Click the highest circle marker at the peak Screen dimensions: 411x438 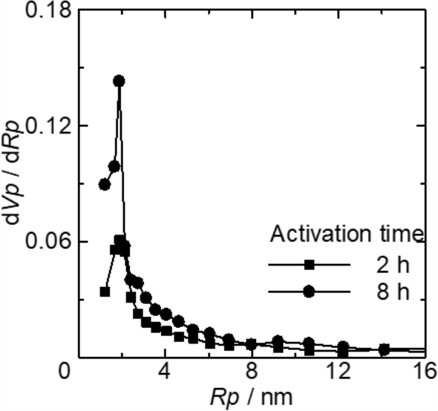tap(118, 81)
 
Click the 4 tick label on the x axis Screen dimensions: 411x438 tap(164, 369)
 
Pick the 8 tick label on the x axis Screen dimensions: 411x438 tap(252, 369)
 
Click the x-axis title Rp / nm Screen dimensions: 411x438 tap(246, 395)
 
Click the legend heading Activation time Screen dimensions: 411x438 tap(347, 235)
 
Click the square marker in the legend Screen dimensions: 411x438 tap(310, 264)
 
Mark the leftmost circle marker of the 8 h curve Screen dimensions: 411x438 tap(105, 185)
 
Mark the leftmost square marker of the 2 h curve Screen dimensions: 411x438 tap(105, 292)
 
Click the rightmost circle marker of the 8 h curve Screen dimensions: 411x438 tap(384, 349)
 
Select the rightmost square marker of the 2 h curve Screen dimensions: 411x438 tap(384, 349)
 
